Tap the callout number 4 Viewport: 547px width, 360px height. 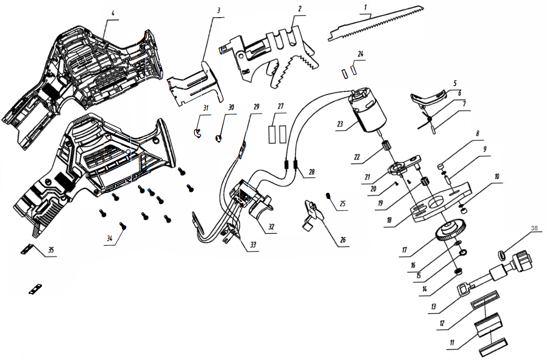point(113,13)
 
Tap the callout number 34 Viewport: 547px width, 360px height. point(109,239)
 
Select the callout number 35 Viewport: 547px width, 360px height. point(51,250)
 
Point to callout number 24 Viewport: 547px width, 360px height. point(361,54)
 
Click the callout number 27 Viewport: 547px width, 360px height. point(281,106)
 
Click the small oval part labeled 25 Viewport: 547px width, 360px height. point(329,195)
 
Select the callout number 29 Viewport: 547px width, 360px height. point(257,106)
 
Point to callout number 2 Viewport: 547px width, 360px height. point(300,9)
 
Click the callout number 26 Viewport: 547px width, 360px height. point(343,240)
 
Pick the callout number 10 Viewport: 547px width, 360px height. point(497,176)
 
